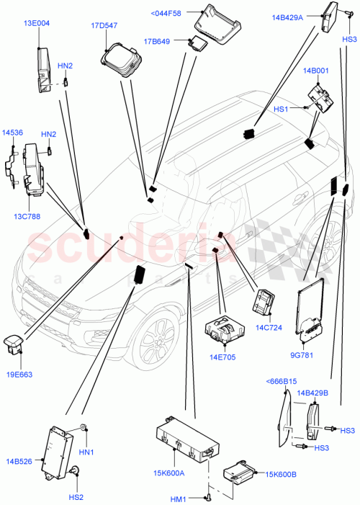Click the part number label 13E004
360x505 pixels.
[37, 23]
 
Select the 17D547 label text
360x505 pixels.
[104, 25]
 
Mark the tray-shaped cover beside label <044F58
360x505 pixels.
[213, 24]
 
